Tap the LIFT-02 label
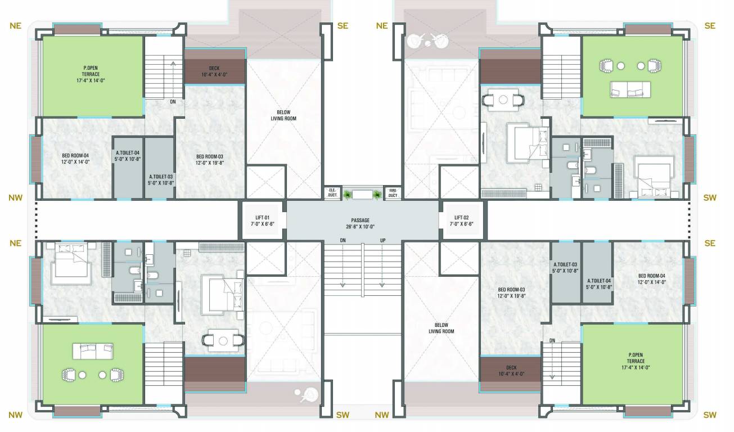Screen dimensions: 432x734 [x=464, y=217]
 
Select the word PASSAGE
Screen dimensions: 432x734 [x=363, y=220]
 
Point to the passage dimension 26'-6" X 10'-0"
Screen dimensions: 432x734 [x=363, y=227]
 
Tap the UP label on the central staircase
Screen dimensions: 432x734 [x=382, y=241]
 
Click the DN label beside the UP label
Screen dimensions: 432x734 [x=343, y=241]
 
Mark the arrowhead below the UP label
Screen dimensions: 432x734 [x=382, y=285]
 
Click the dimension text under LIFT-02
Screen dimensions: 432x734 [x=464, y=223]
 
